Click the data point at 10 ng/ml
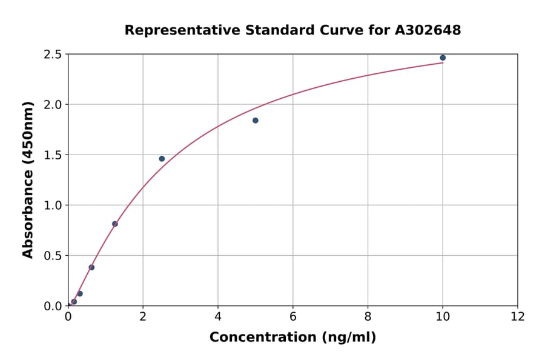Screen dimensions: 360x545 click(443, 58)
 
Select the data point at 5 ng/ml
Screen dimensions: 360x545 click(256, 121)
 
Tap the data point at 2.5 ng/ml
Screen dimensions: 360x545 click(162, 159)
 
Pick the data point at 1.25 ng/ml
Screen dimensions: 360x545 click(115, 224)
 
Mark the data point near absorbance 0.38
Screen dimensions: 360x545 click(91, 267)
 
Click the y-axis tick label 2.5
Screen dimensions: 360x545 click(53, 55)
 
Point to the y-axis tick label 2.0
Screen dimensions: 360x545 click(53, 105)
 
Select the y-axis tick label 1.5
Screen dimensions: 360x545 click(53, 155)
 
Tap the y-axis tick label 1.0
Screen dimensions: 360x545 click(53, 205)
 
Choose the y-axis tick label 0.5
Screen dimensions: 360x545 click(53, 256)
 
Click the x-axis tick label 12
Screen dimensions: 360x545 click(518, 316)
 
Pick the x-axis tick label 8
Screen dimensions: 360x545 click(368, 316)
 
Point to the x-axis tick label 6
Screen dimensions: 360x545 click(293, 316)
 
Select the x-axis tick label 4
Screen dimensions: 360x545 click(218, 316)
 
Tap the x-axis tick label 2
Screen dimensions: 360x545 click(143, 316)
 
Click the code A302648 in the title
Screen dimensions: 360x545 click(428, 30)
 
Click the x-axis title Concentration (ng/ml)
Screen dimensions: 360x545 click(292, 338)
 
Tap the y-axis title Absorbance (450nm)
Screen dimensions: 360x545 click(28, 179)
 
